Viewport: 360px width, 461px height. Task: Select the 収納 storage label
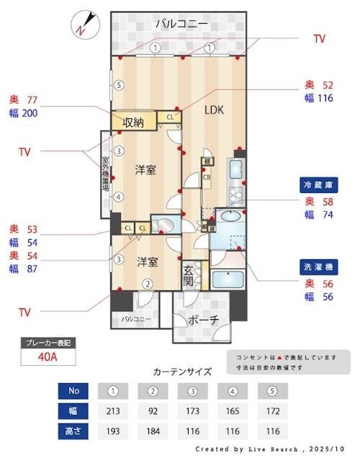[133, 122]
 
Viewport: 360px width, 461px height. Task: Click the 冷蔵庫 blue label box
[320, 184]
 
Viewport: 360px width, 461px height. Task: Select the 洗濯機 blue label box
[320, 267]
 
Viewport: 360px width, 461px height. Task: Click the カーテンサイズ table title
[183, 372]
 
